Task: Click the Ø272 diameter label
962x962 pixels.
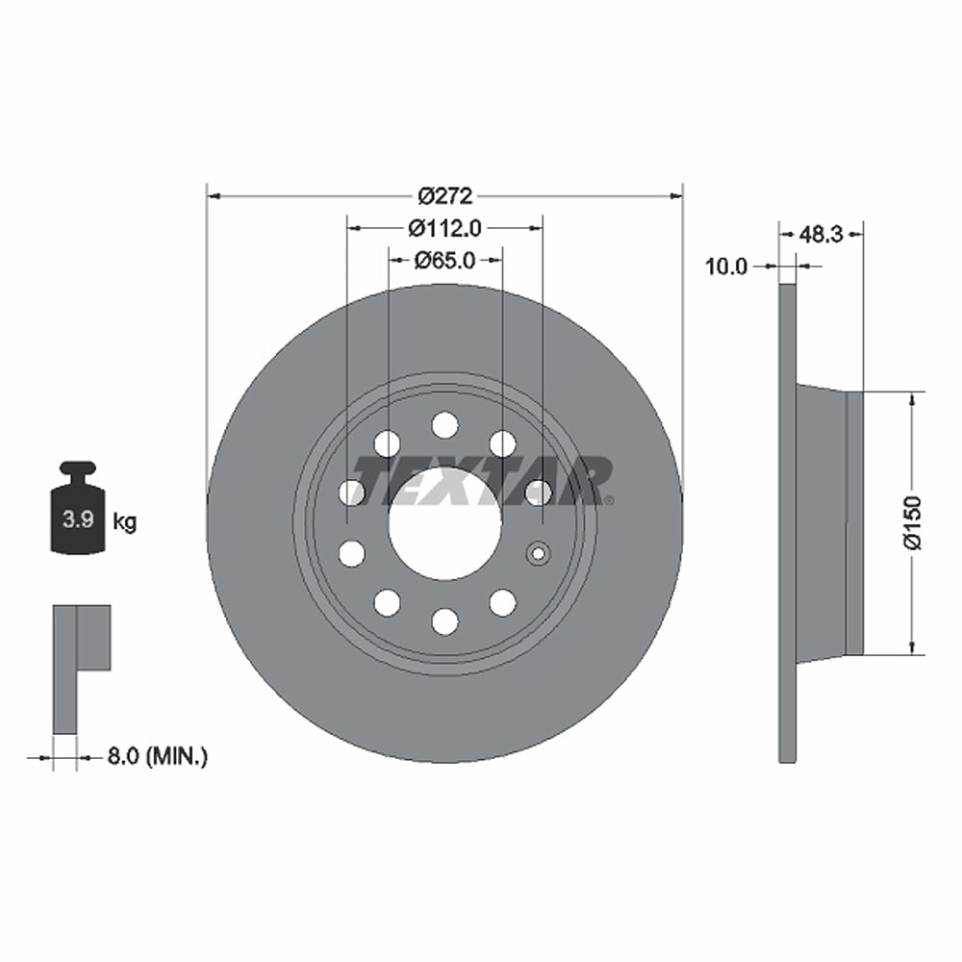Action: point(444,196)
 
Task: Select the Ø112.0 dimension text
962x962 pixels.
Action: point(444,228)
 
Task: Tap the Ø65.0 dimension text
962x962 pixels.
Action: point(444,260)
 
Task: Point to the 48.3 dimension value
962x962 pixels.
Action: point(823,234)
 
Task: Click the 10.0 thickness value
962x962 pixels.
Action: point(726,266)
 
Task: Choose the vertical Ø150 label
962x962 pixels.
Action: point(912,522)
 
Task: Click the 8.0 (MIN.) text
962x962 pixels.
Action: point(156,757)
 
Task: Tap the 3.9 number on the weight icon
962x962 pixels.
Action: point(77,521)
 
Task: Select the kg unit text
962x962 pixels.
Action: point(125,522)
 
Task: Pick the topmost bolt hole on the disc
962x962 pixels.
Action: point(444,424)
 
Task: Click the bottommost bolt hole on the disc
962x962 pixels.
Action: point(444,621)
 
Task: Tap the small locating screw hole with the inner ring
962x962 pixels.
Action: point(538,553)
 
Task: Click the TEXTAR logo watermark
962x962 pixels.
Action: point(481,481)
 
